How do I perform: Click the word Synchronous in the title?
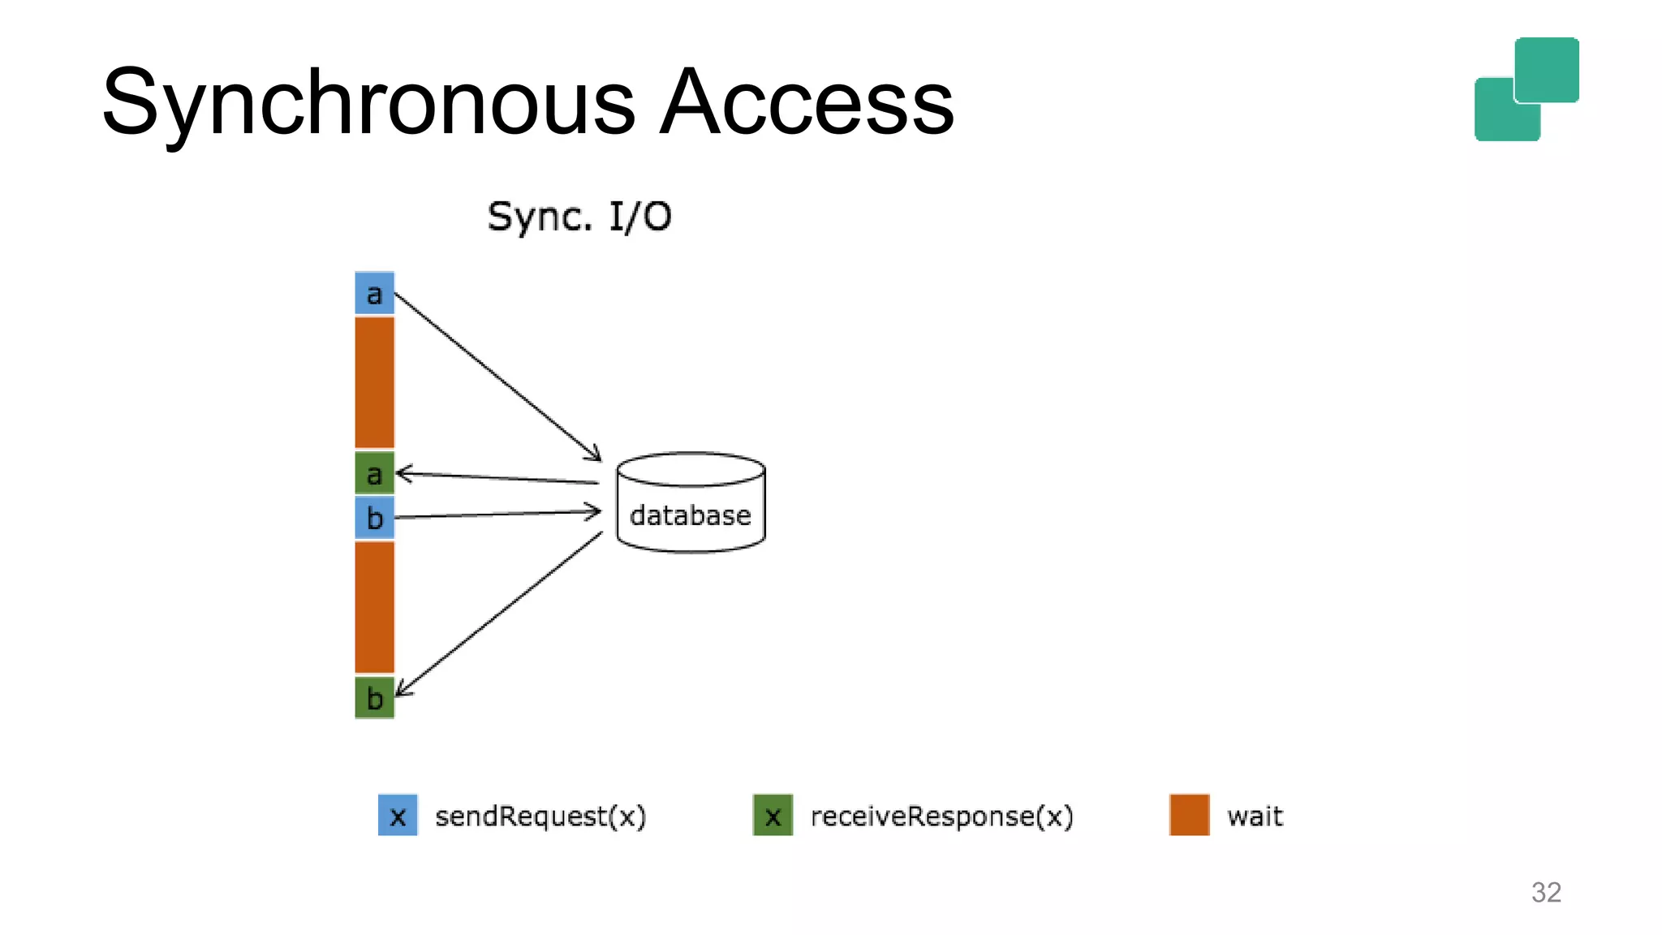coord(369,104)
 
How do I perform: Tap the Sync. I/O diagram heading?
coord(579,217)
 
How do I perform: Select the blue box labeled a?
coord(374,293)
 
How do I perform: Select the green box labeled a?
coord(374,473)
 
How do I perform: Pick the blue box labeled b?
coord(374,517)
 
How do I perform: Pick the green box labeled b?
coord(374,697)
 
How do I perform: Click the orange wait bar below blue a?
coord(374,382)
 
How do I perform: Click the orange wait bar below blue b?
coord(374,606)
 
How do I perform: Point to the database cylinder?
coord(691,503)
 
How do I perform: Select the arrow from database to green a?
coord(497,478)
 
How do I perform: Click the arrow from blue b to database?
coord(497,514)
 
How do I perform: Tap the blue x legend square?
coord(398,815)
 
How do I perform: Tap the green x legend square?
coord(773,815)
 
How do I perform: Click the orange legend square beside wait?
coord(1189,815)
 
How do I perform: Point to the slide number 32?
coord(1545,892)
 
